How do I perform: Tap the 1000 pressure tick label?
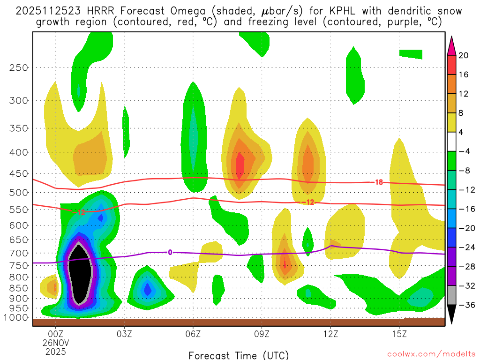16,318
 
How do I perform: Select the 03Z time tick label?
124,334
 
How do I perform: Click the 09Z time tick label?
262,334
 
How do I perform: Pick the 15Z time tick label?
399,334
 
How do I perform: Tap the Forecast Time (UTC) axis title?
239,355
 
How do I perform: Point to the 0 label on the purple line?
170,252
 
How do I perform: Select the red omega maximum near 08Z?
240,166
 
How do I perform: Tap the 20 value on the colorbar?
464,55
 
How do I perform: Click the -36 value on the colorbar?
465,305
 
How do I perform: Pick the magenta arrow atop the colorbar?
452,45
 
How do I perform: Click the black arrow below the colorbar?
452,315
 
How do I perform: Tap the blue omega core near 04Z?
148,290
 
